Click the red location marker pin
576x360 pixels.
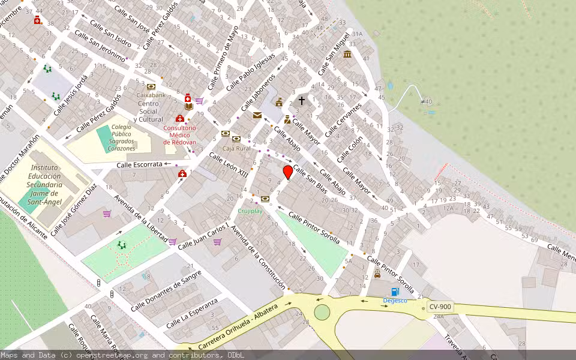coord(288,173)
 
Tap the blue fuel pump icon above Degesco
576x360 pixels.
coord(395,292)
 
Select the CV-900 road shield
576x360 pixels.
coord(440,307)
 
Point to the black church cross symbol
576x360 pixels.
coord(302,101)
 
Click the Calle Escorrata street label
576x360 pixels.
coord(139,164)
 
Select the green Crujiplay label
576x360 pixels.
coord(250,211)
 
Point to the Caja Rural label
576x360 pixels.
coord(236,148)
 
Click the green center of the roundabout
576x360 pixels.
coord(322,312)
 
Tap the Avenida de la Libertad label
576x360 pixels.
coord(140,217)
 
